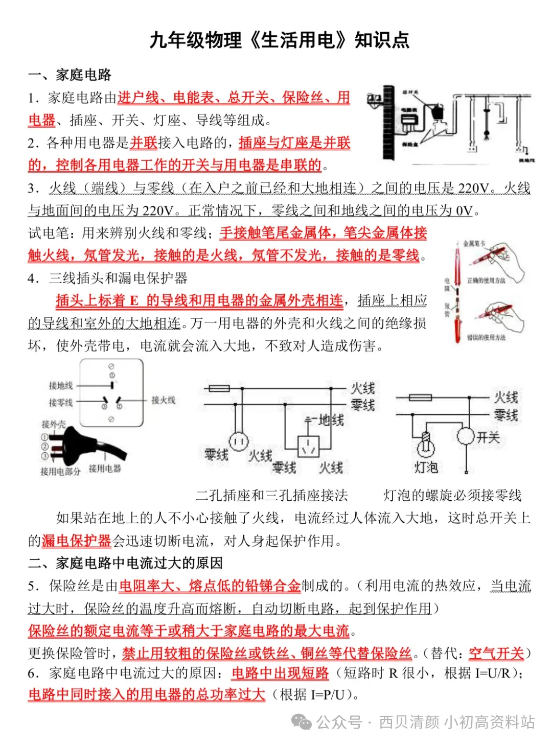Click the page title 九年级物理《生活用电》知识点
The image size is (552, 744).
(x=279, y=40)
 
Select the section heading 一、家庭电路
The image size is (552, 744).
(x=70, y=75)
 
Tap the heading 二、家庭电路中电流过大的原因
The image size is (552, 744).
(x=125, y=563)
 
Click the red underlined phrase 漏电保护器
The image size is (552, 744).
(x=76, y=541)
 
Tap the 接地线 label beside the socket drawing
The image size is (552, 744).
(x=61, y=385)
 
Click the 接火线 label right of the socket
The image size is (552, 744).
(x=163, y=400)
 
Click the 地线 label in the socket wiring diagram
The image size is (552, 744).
(x=331, y=421)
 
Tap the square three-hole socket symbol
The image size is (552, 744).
(x=308, y=446)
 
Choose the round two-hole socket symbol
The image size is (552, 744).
(x=238, y=440)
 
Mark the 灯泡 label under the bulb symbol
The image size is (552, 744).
(x=426, y=467)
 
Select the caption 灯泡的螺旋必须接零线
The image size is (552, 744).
(x=452, y=495)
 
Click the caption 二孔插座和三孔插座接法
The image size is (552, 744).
(x=271, y=495)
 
